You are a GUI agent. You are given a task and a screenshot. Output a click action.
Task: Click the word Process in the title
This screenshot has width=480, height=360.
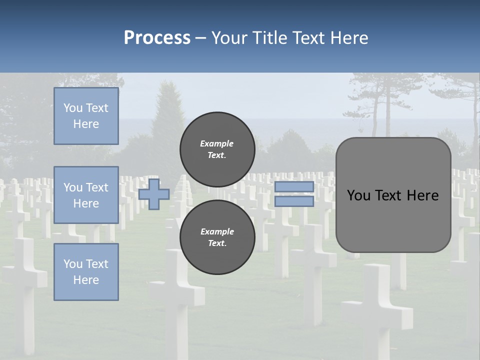tap(157, 38)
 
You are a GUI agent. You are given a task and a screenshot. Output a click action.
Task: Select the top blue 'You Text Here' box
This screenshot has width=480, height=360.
tap(86, 116)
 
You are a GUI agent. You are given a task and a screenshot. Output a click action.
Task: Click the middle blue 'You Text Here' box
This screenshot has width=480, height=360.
tap(86, 195)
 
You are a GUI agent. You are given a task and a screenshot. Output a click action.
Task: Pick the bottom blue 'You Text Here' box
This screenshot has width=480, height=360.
tap(86, 272)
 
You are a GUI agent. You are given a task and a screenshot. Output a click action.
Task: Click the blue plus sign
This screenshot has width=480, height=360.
tap(154, 194)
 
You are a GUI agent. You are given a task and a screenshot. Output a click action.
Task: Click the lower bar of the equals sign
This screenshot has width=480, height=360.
tap(294, 201)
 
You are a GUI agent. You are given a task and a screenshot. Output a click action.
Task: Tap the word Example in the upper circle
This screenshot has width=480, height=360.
tap(217, 143)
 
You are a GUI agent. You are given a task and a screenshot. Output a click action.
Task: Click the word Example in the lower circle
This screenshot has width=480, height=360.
tap(217, 231)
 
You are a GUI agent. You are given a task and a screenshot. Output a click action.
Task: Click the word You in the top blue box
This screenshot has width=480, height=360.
tap(73, 108)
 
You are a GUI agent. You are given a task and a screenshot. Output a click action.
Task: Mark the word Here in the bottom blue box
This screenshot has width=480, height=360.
tap(86, 280)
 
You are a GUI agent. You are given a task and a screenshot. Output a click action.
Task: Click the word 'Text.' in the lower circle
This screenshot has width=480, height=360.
tap(217, 243)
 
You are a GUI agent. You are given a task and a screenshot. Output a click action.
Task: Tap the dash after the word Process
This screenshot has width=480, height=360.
tap(200, 38)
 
